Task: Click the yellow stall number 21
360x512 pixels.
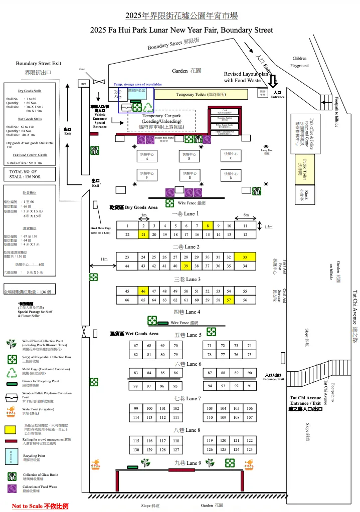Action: point(143,234)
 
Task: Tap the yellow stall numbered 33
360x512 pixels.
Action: point(245,257)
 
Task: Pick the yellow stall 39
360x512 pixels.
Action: point(186,266)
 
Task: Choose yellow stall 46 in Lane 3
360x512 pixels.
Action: point(143,291)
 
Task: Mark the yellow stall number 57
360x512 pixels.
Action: point(229,300)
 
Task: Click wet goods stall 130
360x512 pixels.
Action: point(135,450)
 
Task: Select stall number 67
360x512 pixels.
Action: point(135,346)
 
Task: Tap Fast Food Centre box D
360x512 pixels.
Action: point(231,175)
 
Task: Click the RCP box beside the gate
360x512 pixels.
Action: point(84,84)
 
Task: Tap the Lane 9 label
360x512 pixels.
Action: point(188,463)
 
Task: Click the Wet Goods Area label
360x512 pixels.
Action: point(135,334)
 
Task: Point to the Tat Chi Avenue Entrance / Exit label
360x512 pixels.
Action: point(305,403)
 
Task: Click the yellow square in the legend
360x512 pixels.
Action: point(10,429)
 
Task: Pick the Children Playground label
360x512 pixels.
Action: point(299,62)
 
